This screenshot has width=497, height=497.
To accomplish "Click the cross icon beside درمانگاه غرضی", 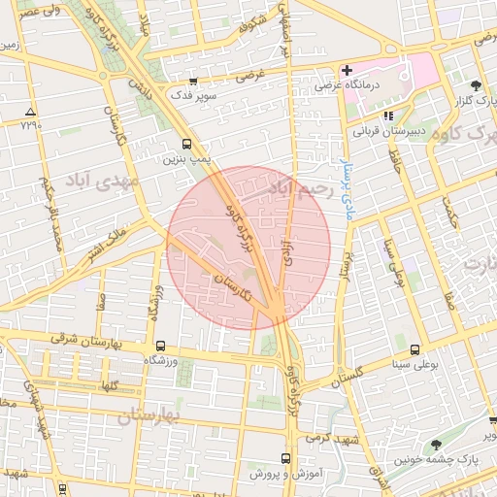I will click(346, 70).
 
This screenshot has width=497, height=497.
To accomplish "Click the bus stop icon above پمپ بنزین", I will click(186, 143).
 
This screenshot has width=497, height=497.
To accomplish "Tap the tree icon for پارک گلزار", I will click(475, 86).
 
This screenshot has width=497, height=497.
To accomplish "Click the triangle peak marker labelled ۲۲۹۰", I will click(31, 112).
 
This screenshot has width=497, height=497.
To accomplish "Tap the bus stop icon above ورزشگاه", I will click(160, 346).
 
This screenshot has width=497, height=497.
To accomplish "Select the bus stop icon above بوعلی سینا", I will click(415, 349).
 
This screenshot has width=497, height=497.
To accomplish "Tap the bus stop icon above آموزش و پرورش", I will click(285, 458).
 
